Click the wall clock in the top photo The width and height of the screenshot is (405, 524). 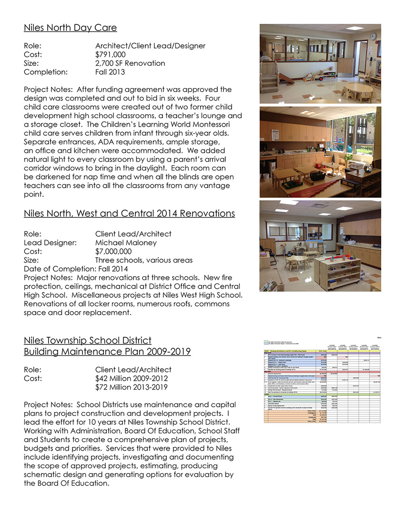click(x=373, y=36)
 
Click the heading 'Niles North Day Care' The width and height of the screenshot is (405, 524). click(x=70, y=28)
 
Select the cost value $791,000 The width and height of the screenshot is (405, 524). click(x=111, y=54)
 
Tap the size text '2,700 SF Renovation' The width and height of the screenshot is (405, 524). click(x=130, y=63)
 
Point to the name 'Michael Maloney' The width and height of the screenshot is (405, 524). click(x=126, y=242)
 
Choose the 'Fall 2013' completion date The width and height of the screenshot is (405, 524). click(x=110, y=72)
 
